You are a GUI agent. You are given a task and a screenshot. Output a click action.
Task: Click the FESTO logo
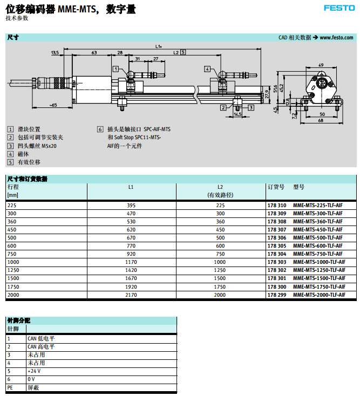339,8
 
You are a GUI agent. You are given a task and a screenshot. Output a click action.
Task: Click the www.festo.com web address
336,38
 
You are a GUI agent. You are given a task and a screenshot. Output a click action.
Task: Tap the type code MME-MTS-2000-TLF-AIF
319,295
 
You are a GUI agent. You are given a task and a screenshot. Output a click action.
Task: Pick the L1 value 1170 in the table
131,262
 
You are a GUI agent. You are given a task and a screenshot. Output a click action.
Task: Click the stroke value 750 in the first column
12,254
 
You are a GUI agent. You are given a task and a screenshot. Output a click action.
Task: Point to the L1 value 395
131,206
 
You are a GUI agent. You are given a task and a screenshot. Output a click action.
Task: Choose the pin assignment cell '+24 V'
33,371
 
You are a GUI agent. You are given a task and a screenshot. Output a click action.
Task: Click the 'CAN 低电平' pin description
41,339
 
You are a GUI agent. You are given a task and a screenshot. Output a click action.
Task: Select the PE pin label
10,387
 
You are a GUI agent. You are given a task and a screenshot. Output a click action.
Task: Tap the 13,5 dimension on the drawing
55,53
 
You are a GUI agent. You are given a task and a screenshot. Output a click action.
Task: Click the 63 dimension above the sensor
94,53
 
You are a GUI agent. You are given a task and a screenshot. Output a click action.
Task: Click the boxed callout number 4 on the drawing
207,69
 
